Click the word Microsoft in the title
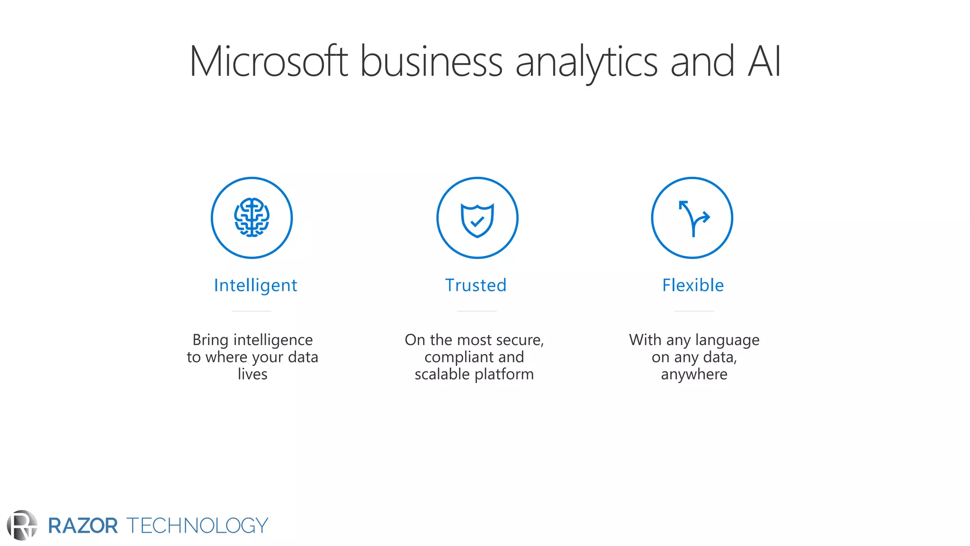268,62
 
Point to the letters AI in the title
764,62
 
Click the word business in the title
431,62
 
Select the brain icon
251,218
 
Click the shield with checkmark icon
477,219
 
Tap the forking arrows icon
693,218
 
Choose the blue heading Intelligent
255,285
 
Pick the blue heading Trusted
476,285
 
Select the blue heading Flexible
693,285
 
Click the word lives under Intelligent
252,374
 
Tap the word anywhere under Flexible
694,374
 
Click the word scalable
442,374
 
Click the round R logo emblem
22,525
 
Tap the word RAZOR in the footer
83,526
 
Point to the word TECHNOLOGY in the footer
197,526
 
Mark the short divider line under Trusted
476,311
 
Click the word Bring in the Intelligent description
210,340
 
